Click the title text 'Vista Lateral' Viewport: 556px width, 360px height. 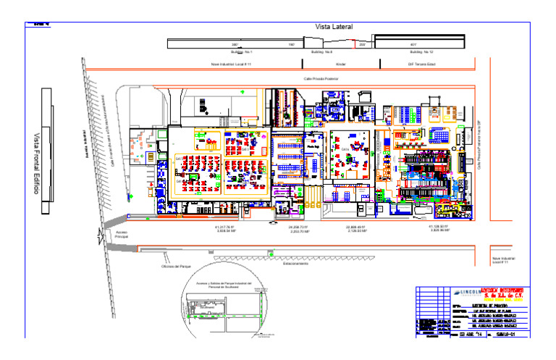(334, 27)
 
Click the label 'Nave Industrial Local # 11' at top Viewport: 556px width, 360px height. (231, 64)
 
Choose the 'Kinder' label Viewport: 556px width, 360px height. (341, 64)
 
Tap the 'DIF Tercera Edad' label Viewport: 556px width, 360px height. (421, 64)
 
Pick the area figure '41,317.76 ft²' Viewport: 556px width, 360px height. (226, 227)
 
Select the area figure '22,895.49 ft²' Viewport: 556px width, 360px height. (356, 227)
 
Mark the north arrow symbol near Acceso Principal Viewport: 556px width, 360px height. (101, 233)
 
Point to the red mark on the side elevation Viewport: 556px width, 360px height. (354, 45)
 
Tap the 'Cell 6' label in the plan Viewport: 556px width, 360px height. (177, 181)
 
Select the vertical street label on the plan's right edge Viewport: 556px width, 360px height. (479, 144)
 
